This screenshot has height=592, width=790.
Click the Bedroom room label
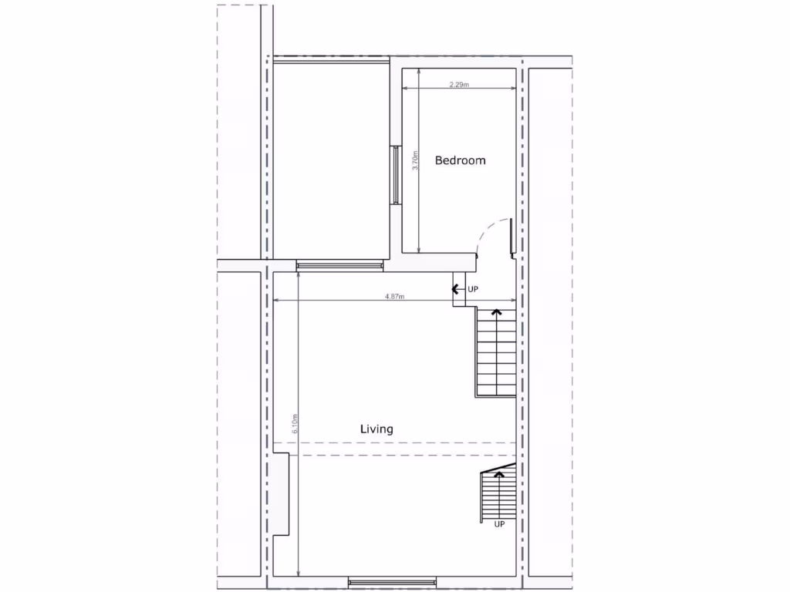pos(460,160)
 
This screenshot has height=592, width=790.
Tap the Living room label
pos(376,429)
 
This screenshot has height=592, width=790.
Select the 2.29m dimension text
pos(459,85)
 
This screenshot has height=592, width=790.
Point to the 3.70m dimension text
pos(415,160)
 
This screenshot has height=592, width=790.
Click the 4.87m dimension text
pos(395,296)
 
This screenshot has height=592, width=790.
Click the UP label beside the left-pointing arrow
pos(474,289)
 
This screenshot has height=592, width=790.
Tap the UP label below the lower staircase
pos(499,524)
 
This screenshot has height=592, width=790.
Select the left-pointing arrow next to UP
pos(457,289)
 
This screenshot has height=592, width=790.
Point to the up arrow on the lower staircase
pos(499,475)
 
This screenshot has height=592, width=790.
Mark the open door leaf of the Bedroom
pos(512,236)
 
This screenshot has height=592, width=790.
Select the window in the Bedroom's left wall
pos(396,175)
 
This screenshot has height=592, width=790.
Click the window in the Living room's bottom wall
pos(392,581)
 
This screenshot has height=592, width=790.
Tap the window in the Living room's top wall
pos(339,265)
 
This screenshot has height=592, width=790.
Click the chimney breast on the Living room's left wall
pos(281,493)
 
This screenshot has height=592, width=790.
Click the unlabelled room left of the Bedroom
pos(330,160)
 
